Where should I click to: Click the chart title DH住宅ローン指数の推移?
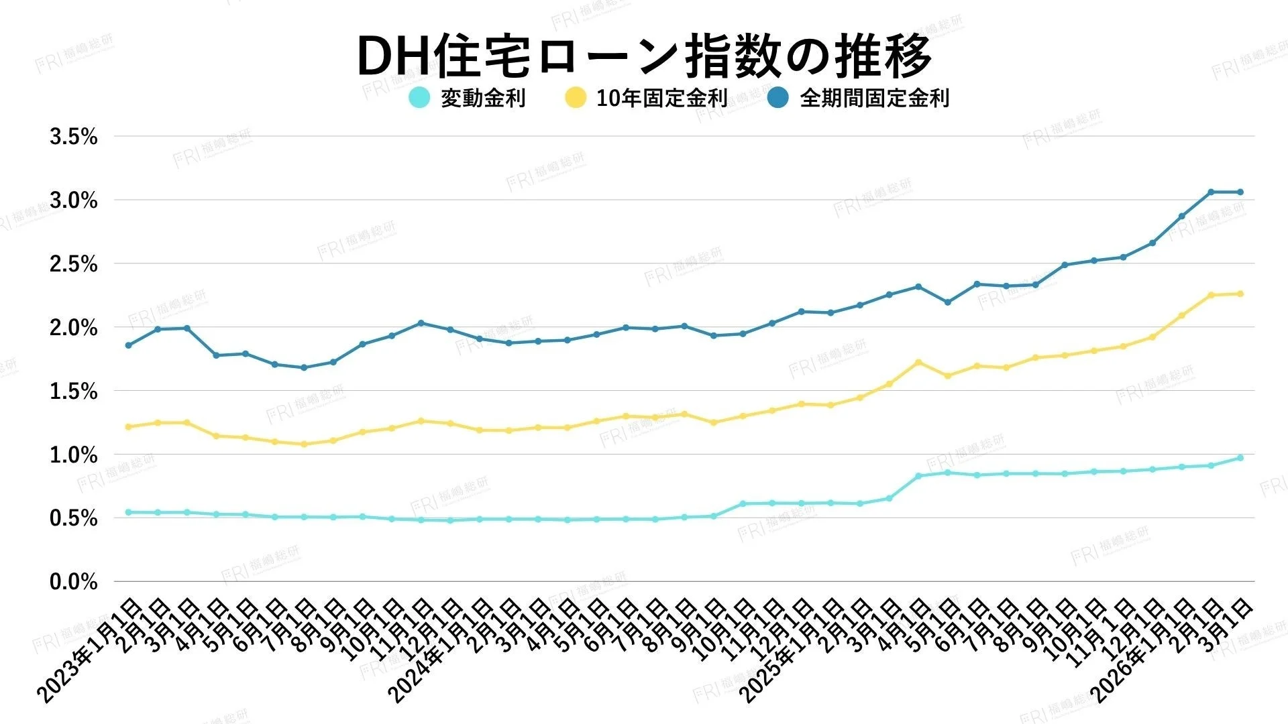tap(644, 55)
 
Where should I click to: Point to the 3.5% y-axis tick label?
tap(74, 137)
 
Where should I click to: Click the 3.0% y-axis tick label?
tap(74, 200)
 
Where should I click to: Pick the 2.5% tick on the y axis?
tap(74, 264)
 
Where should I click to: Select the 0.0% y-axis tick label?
tap(74, 582)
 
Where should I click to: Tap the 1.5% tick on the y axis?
tap(74, 391)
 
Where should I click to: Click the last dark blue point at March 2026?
tap(1240, 192)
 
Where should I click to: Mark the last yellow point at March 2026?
tap(1240, 294)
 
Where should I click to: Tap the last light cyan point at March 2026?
tap(1240, 458)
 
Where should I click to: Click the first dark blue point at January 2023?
tap(128, 345)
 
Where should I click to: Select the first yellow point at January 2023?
tap(128, 426)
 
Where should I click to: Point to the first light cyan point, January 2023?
tap(128, 512)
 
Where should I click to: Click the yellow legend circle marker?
tap(576, 98)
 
